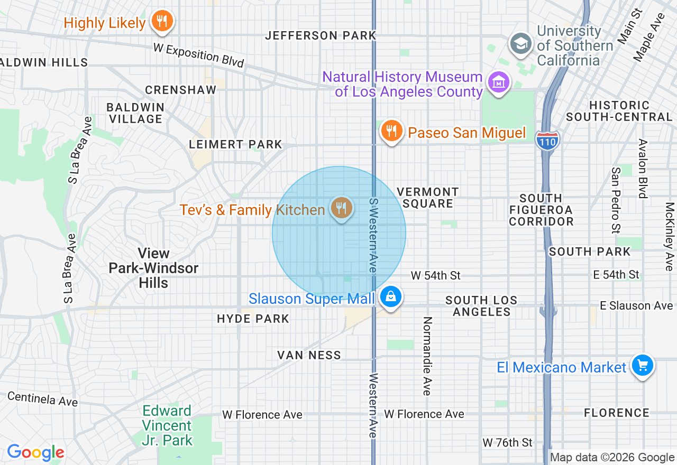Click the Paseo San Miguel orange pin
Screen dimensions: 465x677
pos(391,132)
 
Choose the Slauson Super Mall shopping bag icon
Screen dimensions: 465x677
pos(391,297)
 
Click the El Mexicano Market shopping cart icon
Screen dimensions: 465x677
pos(643,366)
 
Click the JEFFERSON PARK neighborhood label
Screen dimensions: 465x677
pos(321,35)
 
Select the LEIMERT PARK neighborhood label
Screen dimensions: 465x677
pos(236,144)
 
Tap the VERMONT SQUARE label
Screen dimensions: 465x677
pos(428,198)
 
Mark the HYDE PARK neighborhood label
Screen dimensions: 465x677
pos(253,319)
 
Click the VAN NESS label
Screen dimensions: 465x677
pos(309,355)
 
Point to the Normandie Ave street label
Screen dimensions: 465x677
pos(427,356)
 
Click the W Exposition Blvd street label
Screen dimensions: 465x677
pos(199,55)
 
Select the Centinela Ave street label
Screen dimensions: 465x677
pos(43,399)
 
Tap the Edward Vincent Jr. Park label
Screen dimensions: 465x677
pos(167,425)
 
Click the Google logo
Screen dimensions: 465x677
pos(35,453)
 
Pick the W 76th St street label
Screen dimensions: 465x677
pos(508,442)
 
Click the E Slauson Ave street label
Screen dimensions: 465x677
pos(636,305)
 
